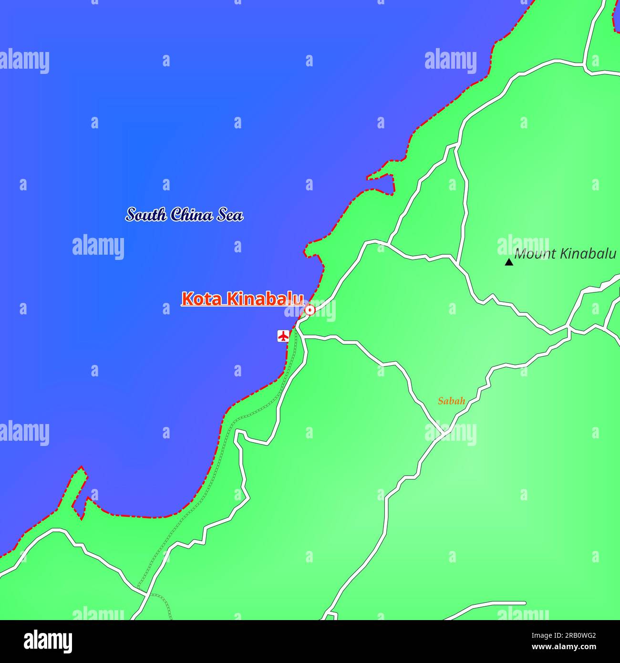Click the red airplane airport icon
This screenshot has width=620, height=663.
[283, 336]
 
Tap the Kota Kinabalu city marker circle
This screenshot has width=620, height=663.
[310, 311]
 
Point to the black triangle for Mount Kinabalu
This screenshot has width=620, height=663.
[509, 262]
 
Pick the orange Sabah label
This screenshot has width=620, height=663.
[451, 401]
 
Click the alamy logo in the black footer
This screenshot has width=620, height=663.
[48, 642]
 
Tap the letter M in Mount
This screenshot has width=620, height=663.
[520, 254]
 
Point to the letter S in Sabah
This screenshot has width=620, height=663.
[441, 401]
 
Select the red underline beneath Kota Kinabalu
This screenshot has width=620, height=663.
[242, 305]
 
